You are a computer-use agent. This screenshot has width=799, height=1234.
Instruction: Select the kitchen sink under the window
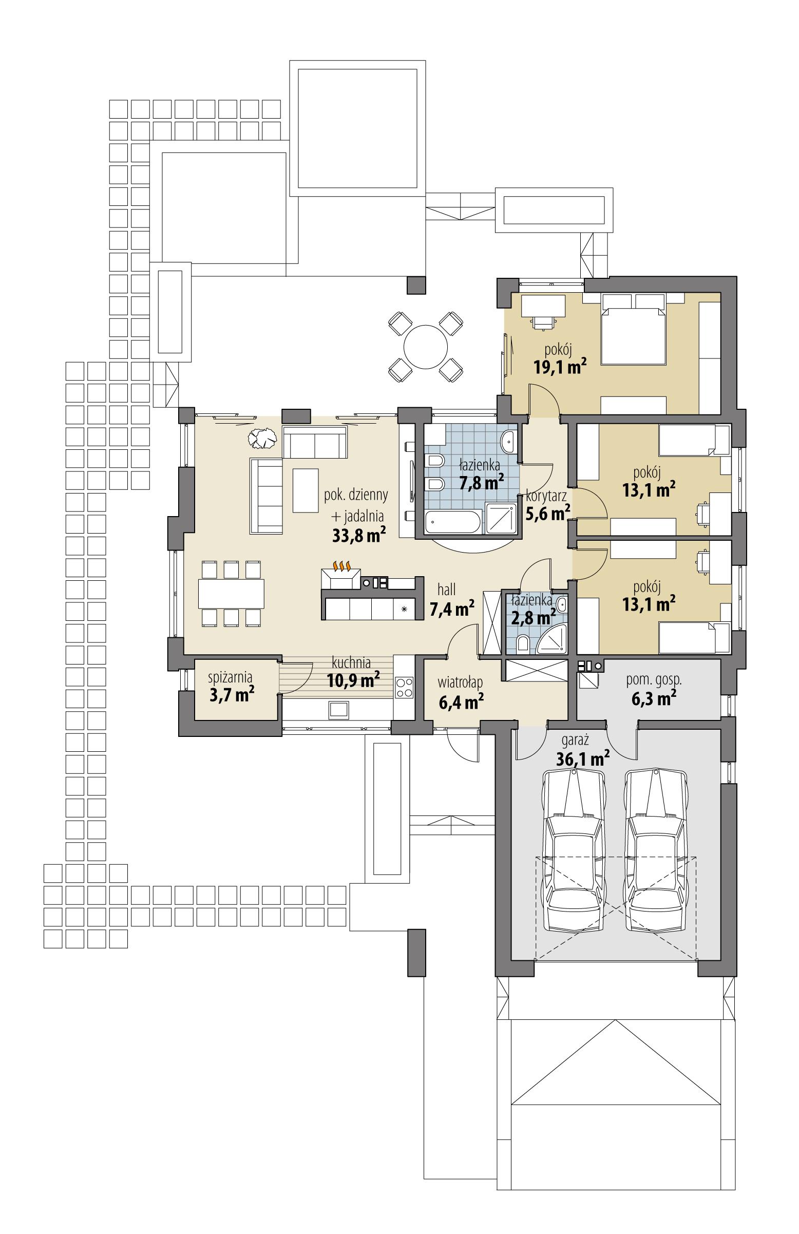(337, 708)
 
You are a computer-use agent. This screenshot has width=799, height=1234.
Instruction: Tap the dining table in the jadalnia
(231, 593)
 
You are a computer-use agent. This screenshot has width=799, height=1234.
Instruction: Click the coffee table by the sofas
(305, 489)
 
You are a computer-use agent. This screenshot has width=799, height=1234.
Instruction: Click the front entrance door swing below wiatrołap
(462, 745)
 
